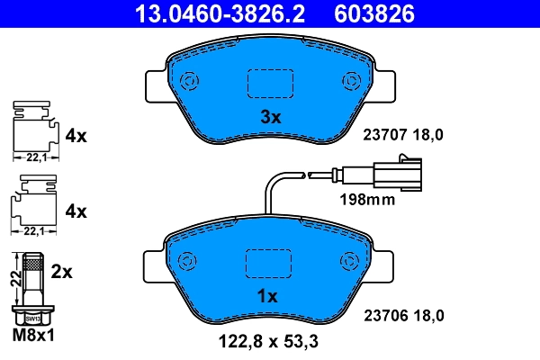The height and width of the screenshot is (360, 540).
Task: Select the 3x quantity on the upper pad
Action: point(271,117)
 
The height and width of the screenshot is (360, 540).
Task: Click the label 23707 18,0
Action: point(403,135)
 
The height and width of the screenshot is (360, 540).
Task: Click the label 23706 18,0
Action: point(403,315)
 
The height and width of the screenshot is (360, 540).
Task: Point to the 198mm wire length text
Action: point(366,200)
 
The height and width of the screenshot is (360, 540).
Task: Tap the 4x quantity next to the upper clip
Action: point(76,136)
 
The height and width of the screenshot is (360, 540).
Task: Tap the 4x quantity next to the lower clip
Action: point(76,212)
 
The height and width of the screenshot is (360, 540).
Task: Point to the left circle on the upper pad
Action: point(189,81)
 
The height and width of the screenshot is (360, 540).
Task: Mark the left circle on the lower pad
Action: point(189,261)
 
